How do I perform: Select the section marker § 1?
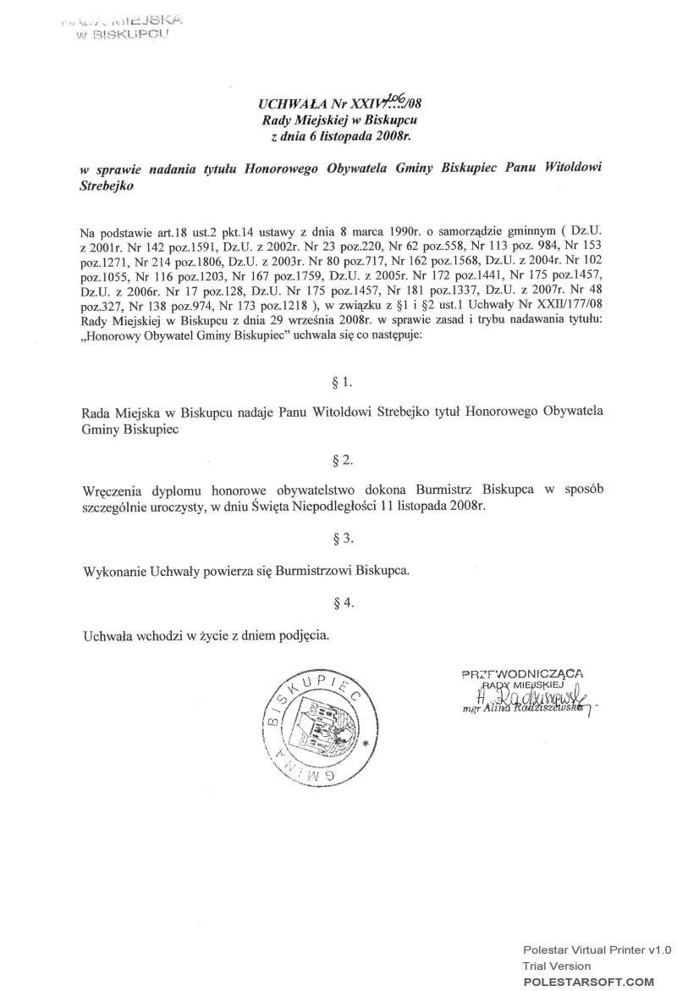343,384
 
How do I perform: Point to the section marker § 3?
343,538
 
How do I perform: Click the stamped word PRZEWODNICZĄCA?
522,674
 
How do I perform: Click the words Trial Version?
556,966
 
